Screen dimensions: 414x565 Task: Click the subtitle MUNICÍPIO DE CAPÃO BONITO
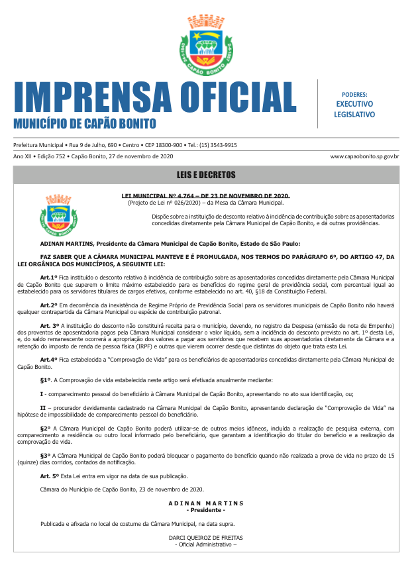pos(85,124)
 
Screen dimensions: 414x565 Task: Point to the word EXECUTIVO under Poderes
pos(354,104)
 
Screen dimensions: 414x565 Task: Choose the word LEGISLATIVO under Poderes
pos(354,114)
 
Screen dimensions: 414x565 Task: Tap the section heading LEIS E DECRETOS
pos(207,176)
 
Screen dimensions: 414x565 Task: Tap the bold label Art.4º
pos(49,358)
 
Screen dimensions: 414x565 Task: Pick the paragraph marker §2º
pos(46,428)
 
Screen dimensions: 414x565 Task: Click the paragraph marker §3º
pos(46,456)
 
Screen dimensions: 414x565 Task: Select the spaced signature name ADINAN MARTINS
pos(206,503)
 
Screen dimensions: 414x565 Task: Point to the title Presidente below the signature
pos(206,510)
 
